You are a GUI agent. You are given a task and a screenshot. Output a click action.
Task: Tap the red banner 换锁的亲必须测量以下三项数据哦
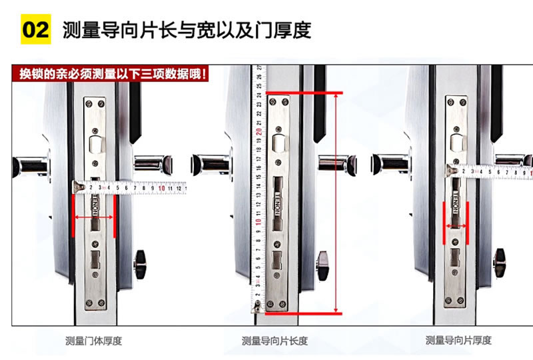(111, 73)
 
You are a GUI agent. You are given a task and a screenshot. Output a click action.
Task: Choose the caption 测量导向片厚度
(458, 341)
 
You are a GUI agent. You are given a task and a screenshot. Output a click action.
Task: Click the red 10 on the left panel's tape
(163, 189)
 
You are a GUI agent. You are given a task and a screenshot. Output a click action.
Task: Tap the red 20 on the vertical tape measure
(258, 131)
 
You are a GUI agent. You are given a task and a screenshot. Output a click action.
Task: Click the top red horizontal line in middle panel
(304, 93)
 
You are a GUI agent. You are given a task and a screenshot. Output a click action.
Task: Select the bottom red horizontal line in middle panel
(304, 313)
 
